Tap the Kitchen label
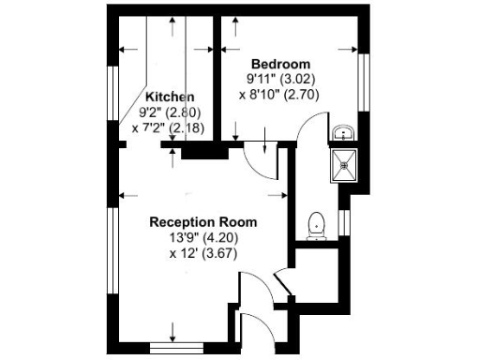(x=170, y=97)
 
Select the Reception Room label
(x=203, y=222)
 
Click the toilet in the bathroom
(x=317, y=224)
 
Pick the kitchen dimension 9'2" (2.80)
(x=171, y=112)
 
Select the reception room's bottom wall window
(x=175, y=348)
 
